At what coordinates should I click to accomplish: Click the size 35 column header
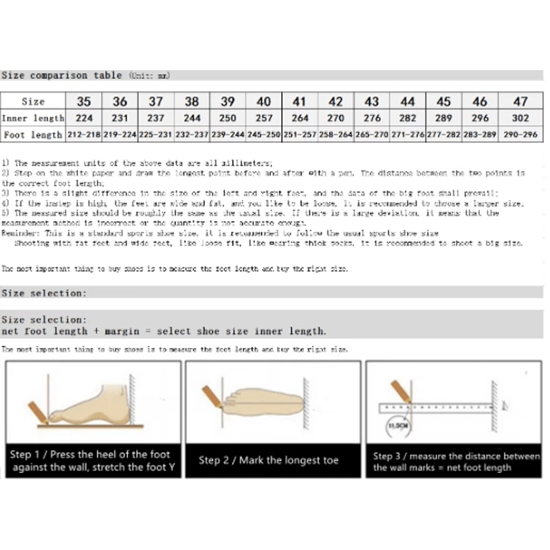coord(84,101)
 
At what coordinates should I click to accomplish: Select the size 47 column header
coord(520,101)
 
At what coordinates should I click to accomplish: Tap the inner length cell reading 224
coord(84,118)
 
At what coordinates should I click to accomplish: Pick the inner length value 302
coord(520,118)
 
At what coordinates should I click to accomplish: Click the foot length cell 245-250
coord(263,135)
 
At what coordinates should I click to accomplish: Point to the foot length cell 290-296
coord(520,135)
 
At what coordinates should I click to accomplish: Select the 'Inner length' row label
coord(33,118)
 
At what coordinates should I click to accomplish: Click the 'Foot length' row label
coord(33,135)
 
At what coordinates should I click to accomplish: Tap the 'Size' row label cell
coord(33,101)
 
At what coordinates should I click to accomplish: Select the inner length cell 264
coord(300,118)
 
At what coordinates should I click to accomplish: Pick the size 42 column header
coord(335,101)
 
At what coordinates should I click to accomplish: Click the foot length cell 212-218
coord(84,135)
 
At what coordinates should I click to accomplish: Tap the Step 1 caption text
coord(93,461)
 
